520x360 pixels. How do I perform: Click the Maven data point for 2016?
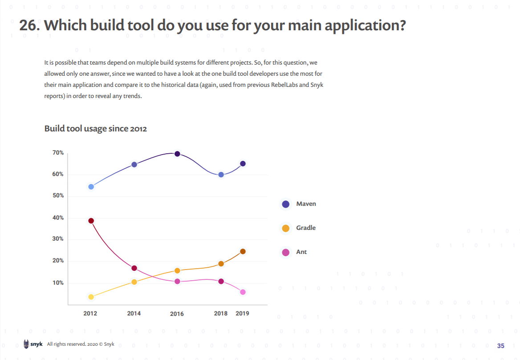[x=177, y=154]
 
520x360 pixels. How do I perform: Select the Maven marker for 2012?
[x=91, y=187]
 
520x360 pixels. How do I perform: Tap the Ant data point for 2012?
[x=91, y=221]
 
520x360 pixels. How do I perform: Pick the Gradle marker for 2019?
[x=243, y=251]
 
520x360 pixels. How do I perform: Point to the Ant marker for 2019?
[x=243, y=292]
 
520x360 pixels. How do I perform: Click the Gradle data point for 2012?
[x=91, y=297]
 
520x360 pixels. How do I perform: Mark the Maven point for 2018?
[x=221, y=175]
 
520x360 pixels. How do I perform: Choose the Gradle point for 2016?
[x=177, y=270]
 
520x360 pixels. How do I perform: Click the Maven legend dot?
[x=286, y=204]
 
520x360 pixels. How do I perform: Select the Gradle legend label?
[x=306, y=228]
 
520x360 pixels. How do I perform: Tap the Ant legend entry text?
[x=301, y=252]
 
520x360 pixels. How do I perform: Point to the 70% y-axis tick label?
[x=58, y=153]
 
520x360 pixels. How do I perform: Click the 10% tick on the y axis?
[x=58, y=283]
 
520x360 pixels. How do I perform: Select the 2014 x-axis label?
[x=134, y=313]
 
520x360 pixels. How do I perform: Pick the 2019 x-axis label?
[x=242, y=313]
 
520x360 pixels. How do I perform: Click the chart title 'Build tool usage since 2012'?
[x=96, y=129]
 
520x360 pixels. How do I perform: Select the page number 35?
[x=501, y=346]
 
